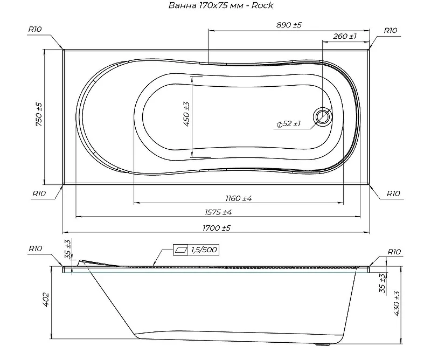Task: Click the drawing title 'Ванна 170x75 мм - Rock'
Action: (221, 5)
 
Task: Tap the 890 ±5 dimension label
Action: (289, 25)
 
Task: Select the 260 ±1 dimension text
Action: (345, 36)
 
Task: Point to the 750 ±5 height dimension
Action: (39, 114)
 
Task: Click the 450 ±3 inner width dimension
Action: (186, 114)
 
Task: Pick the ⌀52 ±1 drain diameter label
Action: (289, 124)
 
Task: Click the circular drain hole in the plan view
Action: (323, 116)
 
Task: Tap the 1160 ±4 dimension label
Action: (239, 198)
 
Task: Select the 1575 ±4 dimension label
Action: (219, 212)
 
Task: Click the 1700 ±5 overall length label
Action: (217, 228)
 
